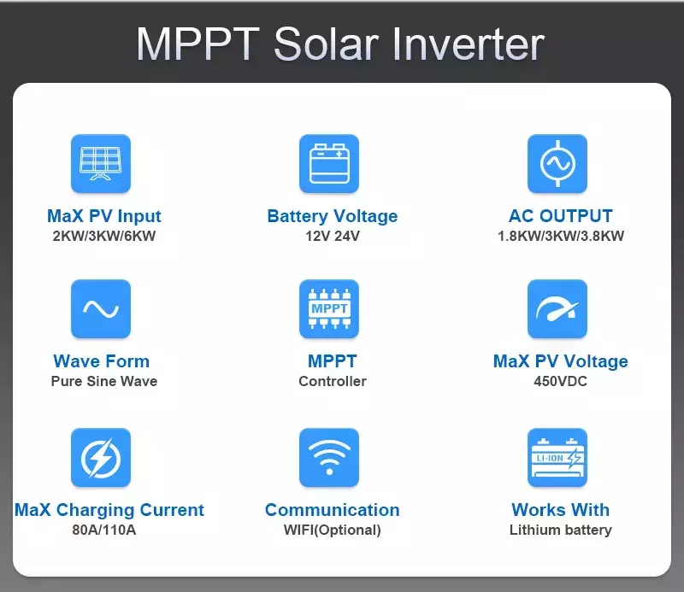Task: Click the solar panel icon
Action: (x=101, y=163)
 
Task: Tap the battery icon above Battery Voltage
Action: (x=329, y=163)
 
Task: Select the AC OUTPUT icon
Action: (x=557, y=163)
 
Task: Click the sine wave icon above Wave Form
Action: (x=101, y=308)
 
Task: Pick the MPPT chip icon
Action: (x=329, y=308)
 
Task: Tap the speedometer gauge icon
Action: (x=557, y=308)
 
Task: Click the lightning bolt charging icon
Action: (x=101, y=457)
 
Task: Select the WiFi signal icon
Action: (x=329, y=457)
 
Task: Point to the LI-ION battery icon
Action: (x=557, y=457)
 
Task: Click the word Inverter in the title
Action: (x=469, y=44)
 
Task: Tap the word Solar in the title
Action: (x=326, y=44)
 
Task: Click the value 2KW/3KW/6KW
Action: (x=103, y=236)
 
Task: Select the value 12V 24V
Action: (x=333, y=236)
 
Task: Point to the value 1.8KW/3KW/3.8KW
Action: (x=561, y=236)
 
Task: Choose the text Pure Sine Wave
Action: (x=103, y=381)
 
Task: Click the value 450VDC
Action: (x=561, y=381)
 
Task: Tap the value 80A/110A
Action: (x=103, y=530)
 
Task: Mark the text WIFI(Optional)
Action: (x=333, y=530)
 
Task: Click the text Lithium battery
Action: (x=561, y=530)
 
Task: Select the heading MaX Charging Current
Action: (x=109, y=510)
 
